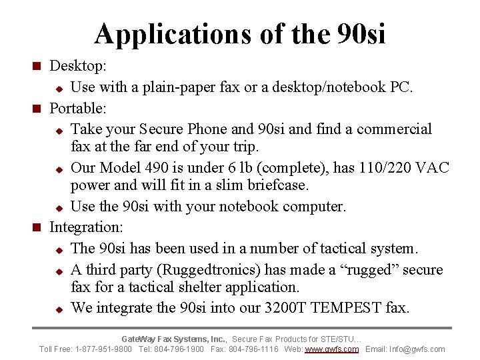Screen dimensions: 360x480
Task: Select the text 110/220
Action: pos(381,168)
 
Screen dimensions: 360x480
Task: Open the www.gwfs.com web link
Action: pos(332,349)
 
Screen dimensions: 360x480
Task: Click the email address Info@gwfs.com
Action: pos(421,349)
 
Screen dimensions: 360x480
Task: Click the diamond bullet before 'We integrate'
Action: pos(59,309)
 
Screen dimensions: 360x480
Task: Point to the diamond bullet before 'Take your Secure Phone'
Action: pos(59,130)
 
